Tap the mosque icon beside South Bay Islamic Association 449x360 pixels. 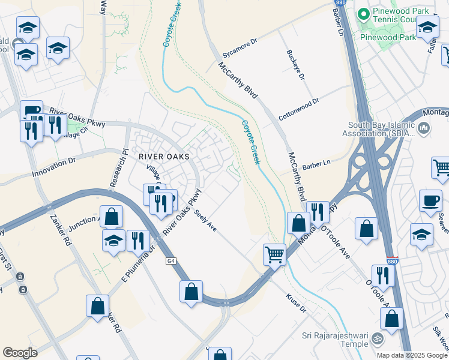pyautogui.click(x=424, y=127)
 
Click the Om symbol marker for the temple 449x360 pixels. pyautogui.click(x=377, y=338)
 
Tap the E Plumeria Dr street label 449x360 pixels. pyautogui.click(x=139, y=265)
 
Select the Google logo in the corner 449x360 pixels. pyautogui.click(x=20, y=353)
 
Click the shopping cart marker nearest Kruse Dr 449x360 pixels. pyautogui.click(x=274, y=254)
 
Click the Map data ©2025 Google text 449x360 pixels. pyautogui.click(x=412, y=355)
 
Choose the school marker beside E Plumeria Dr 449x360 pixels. pyautogui.click(x=113, y=240)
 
